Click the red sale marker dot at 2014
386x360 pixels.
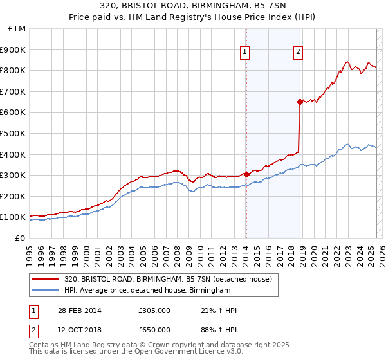(x=246, y=174)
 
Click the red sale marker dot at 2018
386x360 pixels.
(x=300, y=101)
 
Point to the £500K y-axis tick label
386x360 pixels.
(x=13, y=133)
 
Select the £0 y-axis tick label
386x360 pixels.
(x=21, y=238)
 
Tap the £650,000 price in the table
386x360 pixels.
(x=154, y=330)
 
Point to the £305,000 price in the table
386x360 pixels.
(x=154, y=310)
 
